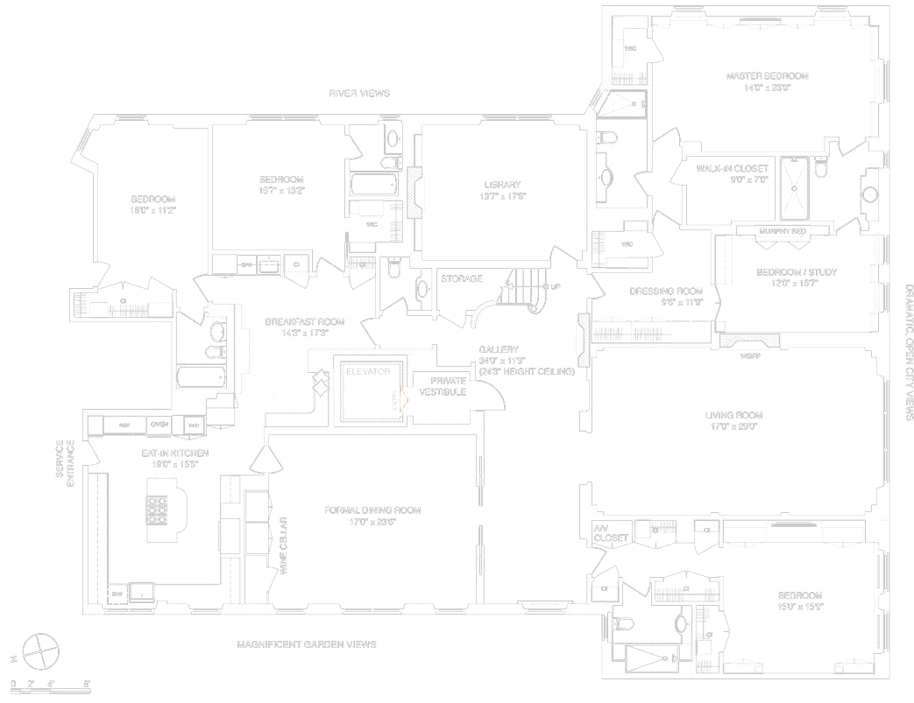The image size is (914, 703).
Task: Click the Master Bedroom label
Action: [767, 76]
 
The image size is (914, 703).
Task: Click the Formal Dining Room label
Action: [372, 510]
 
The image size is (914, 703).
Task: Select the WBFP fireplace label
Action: [749, 356]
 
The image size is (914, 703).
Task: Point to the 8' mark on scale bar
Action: [86, 683]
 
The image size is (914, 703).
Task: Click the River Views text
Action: [359, 93]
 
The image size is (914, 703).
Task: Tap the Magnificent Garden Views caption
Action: [307, 644]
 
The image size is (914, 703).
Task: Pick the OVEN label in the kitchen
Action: [159, 425]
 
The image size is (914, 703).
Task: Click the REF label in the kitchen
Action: [124, 425]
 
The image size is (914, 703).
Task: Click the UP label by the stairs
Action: [556, 286]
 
